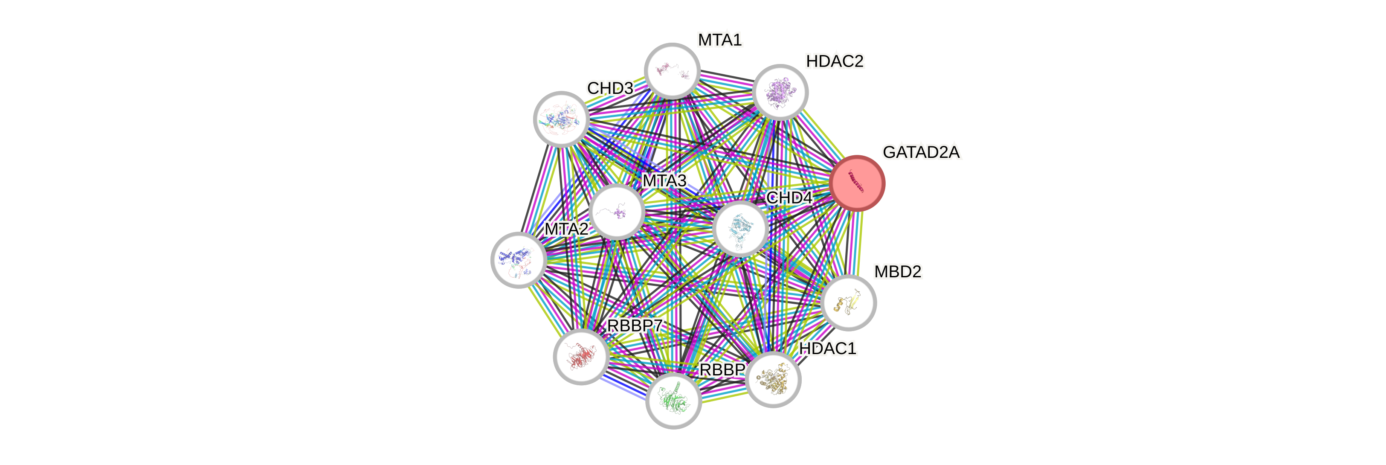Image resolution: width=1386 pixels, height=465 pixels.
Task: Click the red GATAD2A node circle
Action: (857, 183)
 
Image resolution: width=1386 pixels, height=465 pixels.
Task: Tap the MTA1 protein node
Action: (672, 71)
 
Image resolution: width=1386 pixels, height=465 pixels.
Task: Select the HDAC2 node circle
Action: (780, 92)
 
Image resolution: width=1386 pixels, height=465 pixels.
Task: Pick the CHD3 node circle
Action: (561, 119)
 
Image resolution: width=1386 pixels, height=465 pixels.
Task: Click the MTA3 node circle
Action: (616, 212)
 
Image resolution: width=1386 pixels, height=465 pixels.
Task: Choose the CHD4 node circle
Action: (740, 228)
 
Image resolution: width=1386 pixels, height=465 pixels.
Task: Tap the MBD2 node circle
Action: (849, 302)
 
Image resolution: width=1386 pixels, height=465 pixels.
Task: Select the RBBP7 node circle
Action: (581, 357)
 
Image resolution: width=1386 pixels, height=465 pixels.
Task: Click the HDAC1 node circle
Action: (773, 379)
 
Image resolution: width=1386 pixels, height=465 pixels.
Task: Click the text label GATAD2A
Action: (921, 152)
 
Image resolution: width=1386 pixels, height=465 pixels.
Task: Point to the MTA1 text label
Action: (719, 40)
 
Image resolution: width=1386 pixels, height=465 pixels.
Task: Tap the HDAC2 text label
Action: (835, 61)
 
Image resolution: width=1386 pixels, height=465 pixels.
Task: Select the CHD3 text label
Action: (610, 88)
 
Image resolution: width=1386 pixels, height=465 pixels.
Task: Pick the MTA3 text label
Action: (664, 181)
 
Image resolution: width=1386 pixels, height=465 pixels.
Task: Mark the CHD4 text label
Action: (789, 198)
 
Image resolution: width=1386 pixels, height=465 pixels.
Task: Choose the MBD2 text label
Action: (897, 272)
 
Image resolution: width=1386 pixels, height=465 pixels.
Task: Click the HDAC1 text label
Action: (827, 349)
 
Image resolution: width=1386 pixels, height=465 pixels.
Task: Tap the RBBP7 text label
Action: (635, 325)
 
